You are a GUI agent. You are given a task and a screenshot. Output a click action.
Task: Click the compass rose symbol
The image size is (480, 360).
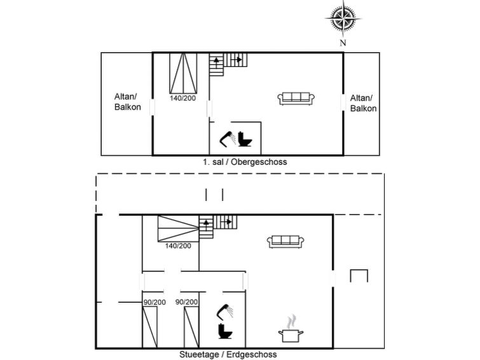tap(343, 19)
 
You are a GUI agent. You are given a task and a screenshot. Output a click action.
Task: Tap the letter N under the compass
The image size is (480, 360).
tap(343, 43)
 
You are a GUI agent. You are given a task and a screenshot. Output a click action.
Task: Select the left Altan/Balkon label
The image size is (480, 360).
tap(128, 102)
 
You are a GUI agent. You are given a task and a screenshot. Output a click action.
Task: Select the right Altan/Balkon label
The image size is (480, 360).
tap(364, 103)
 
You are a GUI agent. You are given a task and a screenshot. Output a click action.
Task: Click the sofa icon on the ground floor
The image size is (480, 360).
tap(285, 241)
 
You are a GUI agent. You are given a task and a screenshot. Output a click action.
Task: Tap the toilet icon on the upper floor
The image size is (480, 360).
tap(245, 138)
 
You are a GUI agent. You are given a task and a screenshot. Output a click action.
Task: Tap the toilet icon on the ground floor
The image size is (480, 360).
tap(224, 332)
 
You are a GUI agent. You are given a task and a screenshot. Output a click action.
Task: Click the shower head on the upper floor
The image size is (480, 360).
tap(228, 136)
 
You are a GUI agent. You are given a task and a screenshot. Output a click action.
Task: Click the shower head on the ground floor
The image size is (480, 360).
tap(224, 310)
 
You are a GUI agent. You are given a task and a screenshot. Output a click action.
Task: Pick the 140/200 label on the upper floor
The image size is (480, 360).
tap(182, 99)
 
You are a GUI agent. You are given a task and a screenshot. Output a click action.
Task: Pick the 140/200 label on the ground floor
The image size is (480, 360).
tap(178, 246)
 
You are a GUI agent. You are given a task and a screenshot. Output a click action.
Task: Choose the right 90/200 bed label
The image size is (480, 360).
tap(187, 302)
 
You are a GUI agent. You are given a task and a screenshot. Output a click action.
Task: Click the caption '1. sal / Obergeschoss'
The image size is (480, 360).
tap(245, 162)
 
